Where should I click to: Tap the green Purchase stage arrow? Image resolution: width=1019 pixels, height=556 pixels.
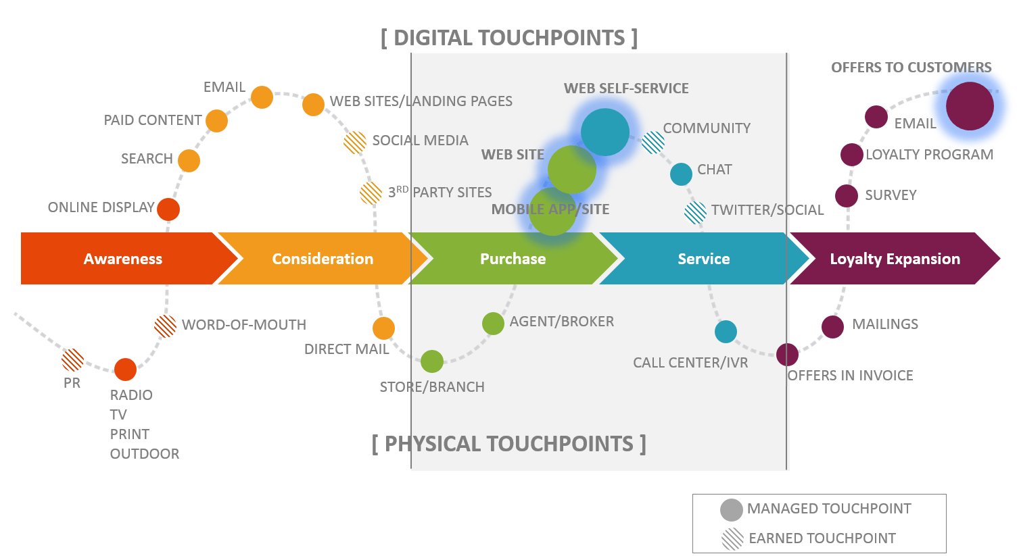pos(513,259)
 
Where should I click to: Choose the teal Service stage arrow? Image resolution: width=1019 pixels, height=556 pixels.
pos(703,259)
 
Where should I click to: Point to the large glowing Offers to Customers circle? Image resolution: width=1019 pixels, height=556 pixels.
pos(970,106)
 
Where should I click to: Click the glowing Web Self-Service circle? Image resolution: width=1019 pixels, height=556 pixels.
pos(605,132)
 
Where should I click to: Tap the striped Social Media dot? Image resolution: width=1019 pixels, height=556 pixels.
pos(355,142)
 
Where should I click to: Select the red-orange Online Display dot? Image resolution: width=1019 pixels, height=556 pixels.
pos(168,209)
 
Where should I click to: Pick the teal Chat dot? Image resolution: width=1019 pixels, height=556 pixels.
pos(681,174)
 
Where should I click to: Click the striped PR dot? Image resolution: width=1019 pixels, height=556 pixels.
pos(73,360)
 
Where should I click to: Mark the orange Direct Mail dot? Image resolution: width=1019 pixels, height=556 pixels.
pos(383,328)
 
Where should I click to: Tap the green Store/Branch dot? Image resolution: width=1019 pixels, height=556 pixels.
pos(432,361)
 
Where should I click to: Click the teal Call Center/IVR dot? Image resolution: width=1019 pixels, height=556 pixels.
pos(726,332)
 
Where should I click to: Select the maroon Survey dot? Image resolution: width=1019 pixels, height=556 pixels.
pos(847,196)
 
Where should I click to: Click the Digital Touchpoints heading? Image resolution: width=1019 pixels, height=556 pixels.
pos(509,38)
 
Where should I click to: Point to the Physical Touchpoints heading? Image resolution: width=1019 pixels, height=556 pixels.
pos(509,444)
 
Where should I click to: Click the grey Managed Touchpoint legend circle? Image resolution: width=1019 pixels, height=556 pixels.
pos(732,509)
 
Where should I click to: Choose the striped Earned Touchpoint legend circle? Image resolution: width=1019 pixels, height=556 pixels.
pos(732,539)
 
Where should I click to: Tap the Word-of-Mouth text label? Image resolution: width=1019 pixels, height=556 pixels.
pos(244,325)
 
